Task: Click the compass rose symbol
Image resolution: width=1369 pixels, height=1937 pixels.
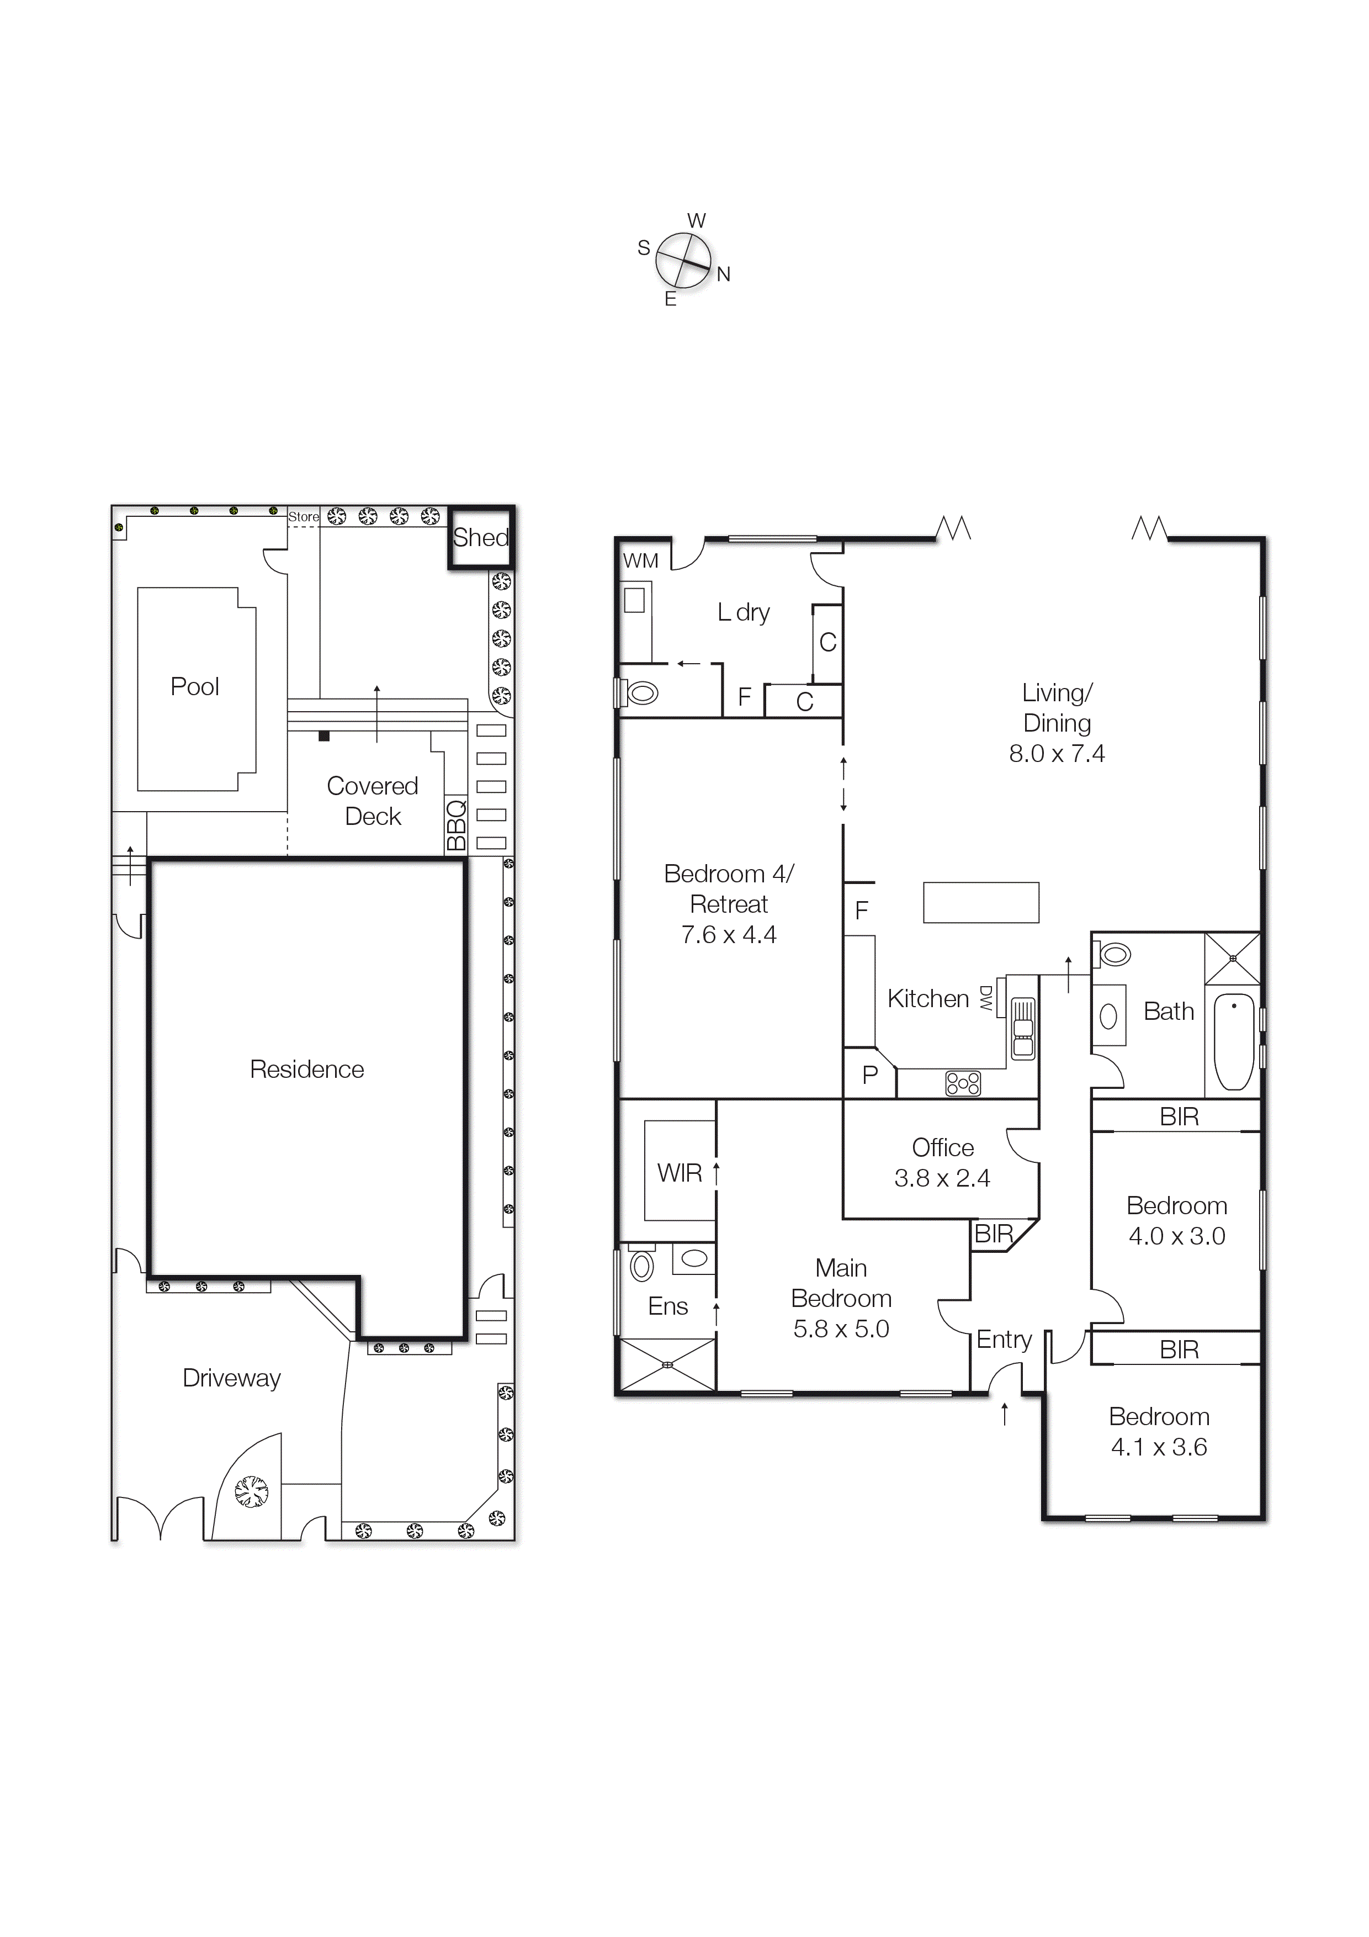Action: pyautogui.click(x=683, y=261)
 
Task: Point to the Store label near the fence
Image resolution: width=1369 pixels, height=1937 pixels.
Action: pyautogui.click(x=304, y=516)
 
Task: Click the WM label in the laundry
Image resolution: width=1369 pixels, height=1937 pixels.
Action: pyautogui.click(x=640, y=561)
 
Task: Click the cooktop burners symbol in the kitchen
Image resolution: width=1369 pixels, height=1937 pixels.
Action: pyautogui.click(x=962, y=1083)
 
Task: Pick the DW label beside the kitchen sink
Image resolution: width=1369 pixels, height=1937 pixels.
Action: pyautogui.click(x=985, y=998)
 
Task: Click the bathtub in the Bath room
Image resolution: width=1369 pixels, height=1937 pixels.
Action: pyautogui.click(x=1233, y=1042)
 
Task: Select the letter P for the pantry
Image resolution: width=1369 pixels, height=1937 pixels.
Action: pyautogui.click(x=869, y=1075)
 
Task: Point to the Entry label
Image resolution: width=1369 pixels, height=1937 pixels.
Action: pyautogui.click(x=1004, y=1340)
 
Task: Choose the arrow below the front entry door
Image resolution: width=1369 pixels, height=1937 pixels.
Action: pyautogui.click(x=1004, y=1414)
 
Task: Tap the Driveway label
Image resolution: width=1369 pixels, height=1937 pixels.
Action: pyautogui.click(x=231, y=1379)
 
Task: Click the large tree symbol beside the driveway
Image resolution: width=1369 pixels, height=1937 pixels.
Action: pyautogui.click(x=251, y=1491)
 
